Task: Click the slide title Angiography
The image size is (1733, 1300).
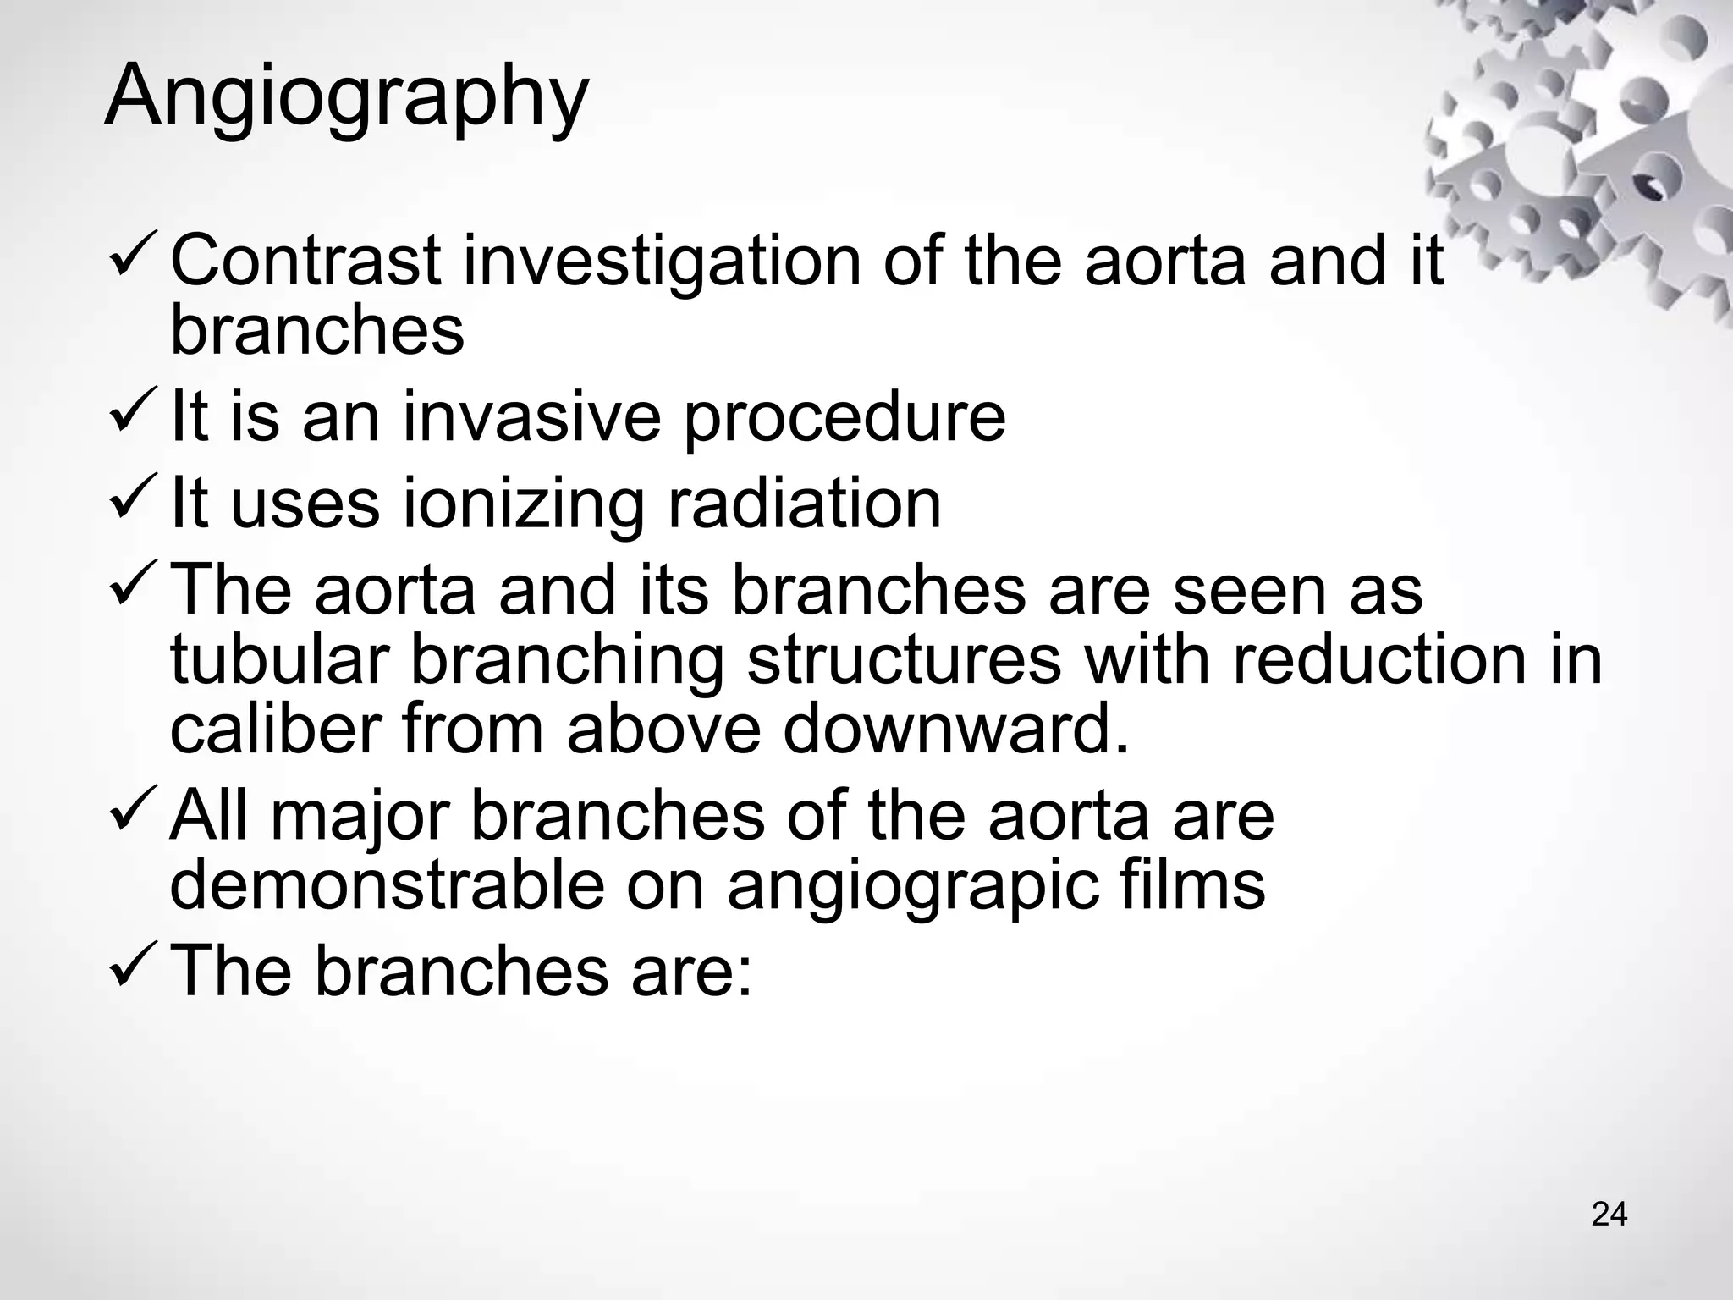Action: click(x=346, y=95)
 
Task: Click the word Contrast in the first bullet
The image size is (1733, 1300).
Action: click(x=305, y=260)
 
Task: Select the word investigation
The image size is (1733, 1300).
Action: click(x=661, y=260)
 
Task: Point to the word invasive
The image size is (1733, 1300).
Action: click(x=531, y=416)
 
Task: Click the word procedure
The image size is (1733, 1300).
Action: click(x=844, y=418)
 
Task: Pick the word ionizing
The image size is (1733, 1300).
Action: click(x=523, y=504)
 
